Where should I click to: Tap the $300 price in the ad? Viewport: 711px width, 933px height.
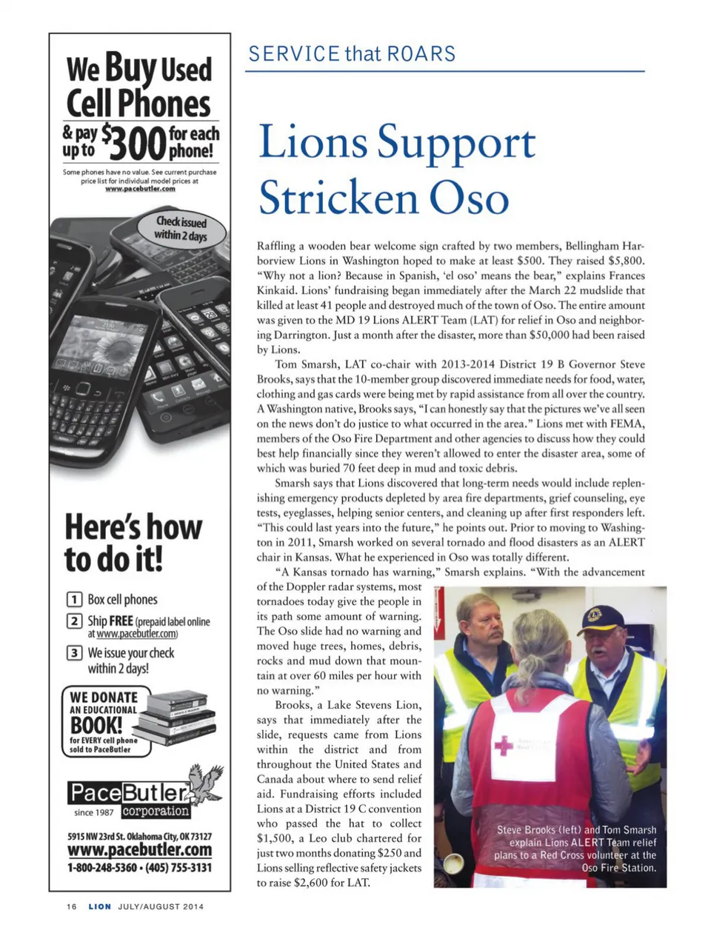[x=133, y=142]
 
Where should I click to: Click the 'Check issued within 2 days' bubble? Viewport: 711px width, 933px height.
[x=181, y=228]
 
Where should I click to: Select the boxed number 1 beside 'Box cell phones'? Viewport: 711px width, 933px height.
[x=74, y=600]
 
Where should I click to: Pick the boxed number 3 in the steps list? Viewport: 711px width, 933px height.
[x=74, y=653]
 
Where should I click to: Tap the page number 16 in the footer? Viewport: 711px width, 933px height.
[x=71, y=906]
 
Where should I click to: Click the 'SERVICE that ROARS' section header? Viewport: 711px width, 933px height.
[x=352, y=54]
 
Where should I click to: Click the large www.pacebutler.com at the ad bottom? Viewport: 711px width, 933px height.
[x=139, y=850]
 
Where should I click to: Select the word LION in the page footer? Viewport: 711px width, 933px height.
[x=100, y=906]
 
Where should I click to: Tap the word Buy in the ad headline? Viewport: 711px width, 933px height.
[x=130, y=68]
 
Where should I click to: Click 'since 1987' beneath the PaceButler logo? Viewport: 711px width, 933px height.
[x=94, y=812]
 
